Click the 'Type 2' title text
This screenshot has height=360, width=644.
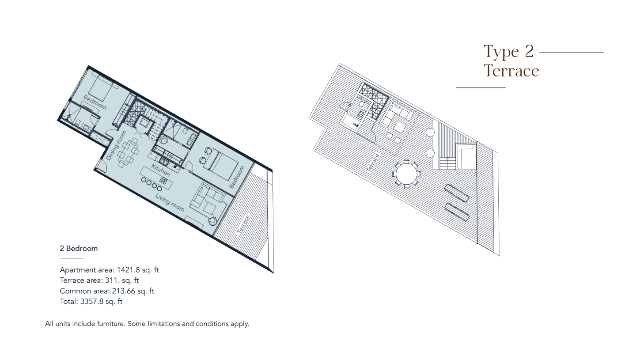coord(508,52)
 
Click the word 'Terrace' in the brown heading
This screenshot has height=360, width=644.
coord(511,71)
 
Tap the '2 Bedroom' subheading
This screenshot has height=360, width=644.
coord(79,248)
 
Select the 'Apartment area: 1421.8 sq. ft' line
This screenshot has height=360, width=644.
coord(109,270)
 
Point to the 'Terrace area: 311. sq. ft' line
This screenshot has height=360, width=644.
coord(99,280)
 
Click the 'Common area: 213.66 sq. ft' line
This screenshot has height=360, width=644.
coord(107,291)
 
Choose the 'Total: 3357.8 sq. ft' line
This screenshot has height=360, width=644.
coord(91,302)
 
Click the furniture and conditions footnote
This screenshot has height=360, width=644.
coord(147,324)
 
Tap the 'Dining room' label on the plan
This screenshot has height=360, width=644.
coord(116,145)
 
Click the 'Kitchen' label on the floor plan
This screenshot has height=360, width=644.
coord(161,170)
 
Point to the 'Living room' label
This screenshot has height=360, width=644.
coord(170,202)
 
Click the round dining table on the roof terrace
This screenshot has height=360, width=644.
coord(406,174)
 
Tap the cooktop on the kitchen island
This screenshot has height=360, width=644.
coord(163,181)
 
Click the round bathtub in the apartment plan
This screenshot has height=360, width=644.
coord(164,141)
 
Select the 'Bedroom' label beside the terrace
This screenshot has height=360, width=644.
coord(237,177)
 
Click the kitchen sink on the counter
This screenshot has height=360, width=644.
coord(164,161)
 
